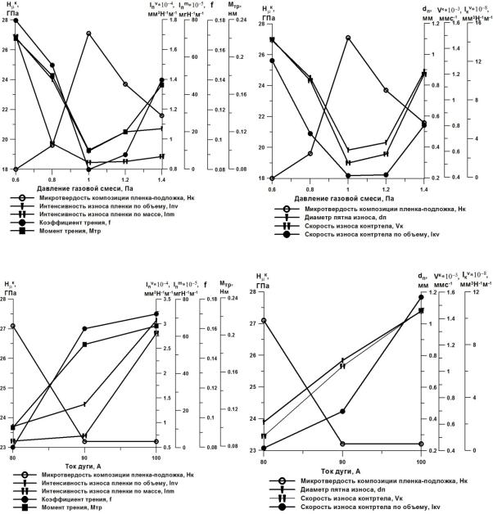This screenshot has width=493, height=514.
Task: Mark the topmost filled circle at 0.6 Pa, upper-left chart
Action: (16, 20)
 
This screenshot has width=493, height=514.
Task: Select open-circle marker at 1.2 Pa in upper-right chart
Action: (386, 90)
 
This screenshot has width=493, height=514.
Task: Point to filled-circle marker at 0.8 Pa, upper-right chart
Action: (310, 134)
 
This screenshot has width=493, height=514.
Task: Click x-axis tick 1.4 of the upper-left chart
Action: (162, 178)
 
